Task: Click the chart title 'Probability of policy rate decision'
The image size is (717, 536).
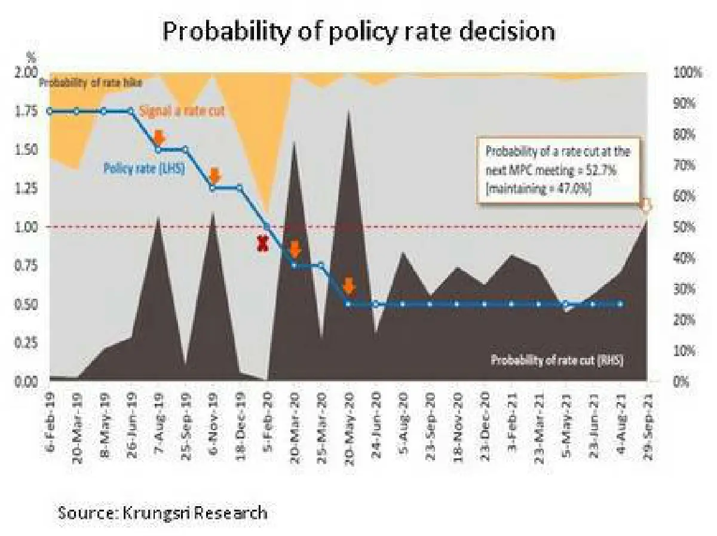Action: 358,31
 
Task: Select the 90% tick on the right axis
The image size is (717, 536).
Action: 685,103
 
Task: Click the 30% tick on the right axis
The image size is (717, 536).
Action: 685,289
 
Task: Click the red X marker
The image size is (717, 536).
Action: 262,243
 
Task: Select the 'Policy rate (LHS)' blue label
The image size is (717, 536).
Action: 144,169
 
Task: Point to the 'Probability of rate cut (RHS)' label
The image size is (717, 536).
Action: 560,360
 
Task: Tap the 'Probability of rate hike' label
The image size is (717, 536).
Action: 90,83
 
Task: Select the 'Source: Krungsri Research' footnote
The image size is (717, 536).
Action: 162,512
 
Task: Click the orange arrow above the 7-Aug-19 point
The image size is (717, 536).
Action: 159,136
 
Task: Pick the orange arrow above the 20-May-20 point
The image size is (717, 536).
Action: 350,286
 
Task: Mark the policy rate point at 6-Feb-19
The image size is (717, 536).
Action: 50,111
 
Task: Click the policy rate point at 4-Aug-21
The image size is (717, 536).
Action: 620,304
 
